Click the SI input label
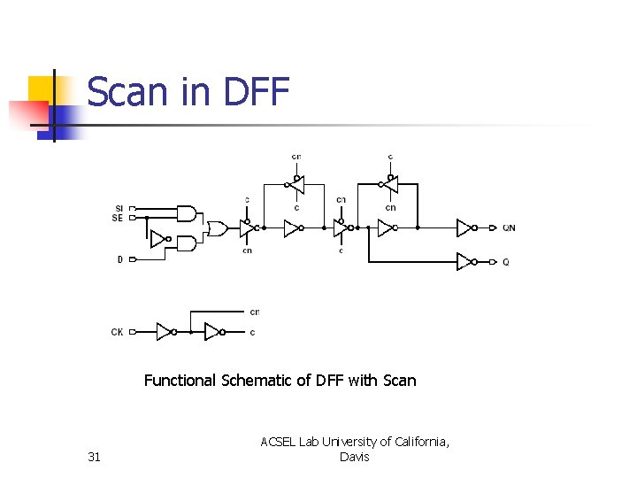(118, 208)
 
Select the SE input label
(118, 217)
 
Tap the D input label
(119, 259)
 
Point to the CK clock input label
(118, 332)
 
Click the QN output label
(509, 228)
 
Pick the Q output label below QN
(505, 262)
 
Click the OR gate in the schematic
(216, 228)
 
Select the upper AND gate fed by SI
(187, 212)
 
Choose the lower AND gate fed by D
(187, 243)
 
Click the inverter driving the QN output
(464, 227)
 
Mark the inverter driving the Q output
(464, 261)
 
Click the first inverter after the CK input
(165, 332)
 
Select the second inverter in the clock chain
(212, 332)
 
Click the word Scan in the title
(130, 92)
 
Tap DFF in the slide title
(257, 92)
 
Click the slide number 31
(95, 457)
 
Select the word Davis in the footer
(354, 457)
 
